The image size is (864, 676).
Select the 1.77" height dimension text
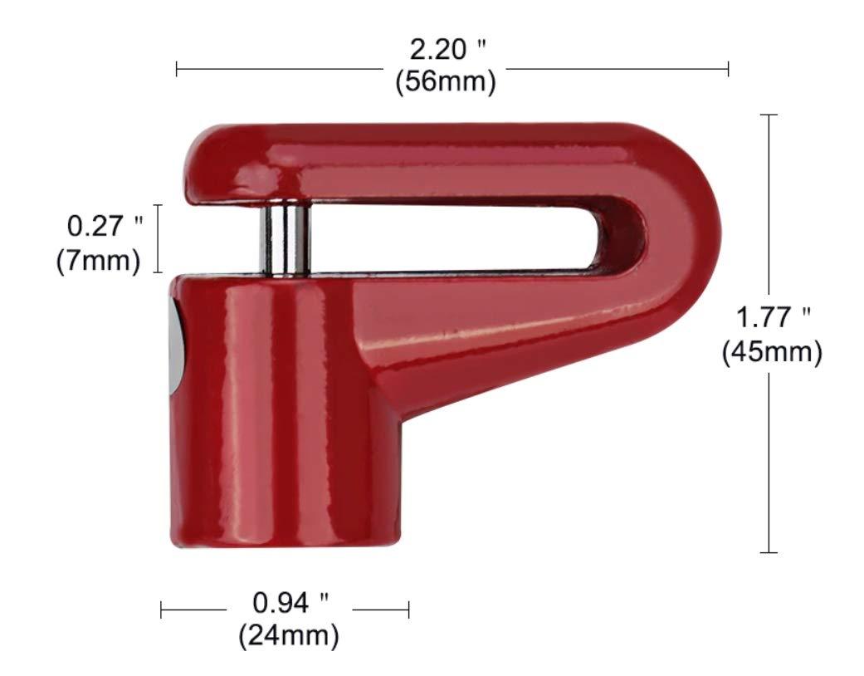click(773, 318)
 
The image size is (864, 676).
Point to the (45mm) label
click(772, 352)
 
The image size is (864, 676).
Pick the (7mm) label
click(98, 259)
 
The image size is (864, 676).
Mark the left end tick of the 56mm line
click(177, 68)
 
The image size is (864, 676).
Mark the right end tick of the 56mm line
click(728, 68)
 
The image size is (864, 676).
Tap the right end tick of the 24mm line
click(409, 610)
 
